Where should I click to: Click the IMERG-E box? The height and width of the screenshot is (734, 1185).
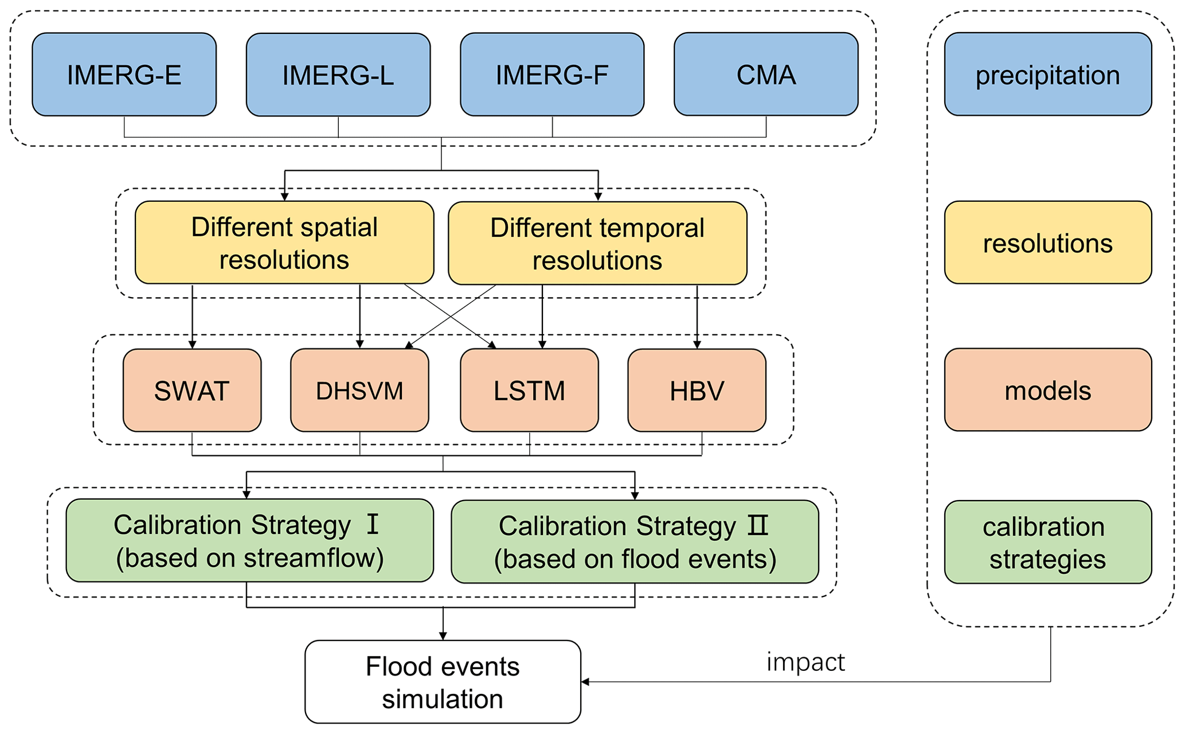tap(124, 75)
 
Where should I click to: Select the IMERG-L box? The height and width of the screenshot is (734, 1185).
tap(338, 75)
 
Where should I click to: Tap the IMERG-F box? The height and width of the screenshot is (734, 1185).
tap(552, 75)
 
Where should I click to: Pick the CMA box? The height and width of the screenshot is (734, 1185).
tap(766, 75)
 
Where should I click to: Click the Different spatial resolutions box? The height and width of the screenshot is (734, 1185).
tap(284, 243)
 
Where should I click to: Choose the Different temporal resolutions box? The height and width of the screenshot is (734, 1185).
tap(597, 243)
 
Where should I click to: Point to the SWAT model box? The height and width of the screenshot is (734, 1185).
tap(192, 391)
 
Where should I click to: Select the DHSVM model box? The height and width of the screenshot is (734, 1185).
tap(359, 391)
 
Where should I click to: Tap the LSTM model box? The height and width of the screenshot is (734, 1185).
tap(529, 391)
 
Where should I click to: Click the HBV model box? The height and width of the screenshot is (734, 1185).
tap(697, 391)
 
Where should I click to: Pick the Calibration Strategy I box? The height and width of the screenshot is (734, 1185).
tap(249, 541)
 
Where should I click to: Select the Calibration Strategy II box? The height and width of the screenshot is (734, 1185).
tap(635, 542)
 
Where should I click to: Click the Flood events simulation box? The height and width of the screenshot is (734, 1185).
tap(443, 682)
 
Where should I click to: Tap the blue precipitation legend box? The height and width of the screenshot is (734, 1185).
tap(1048, 75)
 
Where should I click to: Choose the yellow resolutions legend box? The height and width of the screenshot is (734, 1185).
tap(1048, 243)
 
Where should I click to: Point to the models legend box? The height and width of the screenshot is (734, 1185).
tap(1048, 390)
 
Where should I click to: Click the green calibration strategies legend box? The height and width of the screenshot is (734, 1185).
tap(1048, 542)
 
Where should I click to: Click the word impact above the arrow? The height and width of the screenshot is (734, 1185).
tap(805, 662)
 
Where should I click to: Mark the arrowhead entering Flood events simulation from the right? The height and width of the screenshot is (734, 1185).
tap(585, 682)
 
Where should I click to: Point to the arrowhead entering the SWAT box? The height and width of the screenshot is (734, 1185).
tap(192, 345)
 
